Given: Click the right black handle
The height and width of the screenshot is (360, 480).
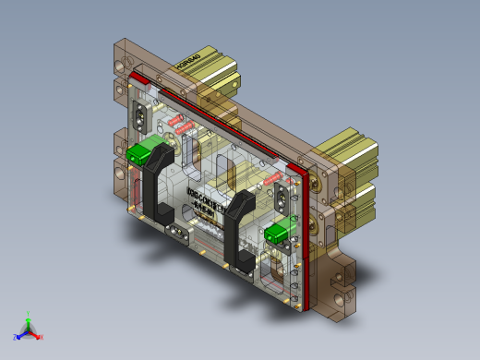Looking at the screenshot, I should coord(242,231).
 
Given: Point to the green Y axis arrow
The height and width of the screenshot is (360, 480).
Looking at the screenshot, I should coord(29,316).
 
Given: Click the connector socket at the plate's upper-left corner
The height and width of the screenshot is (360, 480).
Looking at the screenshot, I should coord(143,117).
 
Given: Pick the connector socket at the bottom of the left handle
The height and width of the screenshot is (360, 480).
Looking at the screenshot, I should coord(174,230).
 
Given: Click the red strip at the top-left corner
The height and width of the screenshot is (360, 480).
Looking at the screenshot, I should coord(138,78).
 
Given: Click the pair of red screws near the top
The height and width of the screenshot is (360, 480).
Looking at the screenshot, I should coord(181,124).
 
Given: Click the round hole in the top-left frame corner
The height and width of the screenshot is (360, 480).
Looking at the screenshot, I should coord(118,66).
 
